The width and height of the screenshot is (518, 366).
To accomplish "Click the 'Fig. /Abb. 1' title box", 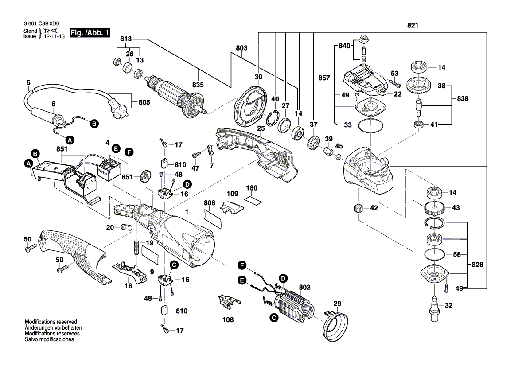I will coord(90,33).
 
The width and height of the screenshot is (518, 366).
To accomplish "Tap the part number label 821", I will coord(413,25).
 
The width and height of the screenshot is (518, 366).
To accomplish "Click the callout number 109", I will coord(232,194).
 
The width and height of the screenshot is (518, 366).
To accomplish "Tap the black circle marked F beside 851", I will coord(129,152).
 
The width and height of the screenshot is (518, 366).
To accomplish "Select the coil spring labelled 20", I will coord(127,228).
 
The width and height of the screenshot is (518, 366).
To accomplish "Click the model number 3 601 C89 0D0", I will coord(40,24).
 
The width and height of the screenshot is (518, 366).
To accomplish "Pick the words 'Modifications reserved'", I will coord(51,322).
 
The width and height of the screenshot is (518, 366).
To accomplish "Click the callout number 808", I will coord(210,203).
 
